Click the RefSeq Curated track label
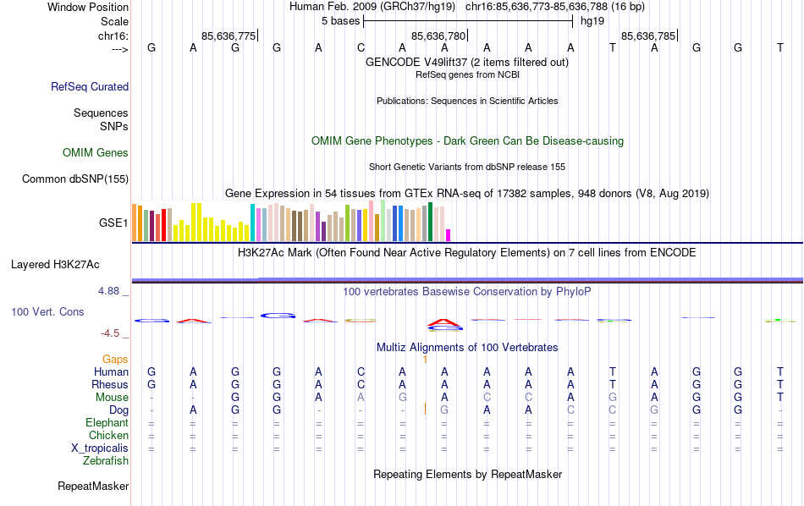[x=90, y=86]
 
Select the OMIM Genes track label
[x=96, y=153]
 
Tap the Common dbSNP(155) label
[x=75, y=179]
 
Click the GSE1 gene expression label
[x=113, y=223]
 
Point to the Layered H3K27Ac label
[x=69, y=264]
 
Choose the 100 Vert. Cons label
[x=47, y=312]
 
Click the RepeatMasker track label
[x=93, y=487]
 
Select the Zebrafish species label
[x=106, y=461]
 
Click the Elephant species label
[x=107, y=423]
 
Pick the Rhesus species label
[x=109, y=385]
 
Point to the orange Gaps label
[x=115, y=360]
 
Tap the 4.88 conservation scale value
[x=110, y=291]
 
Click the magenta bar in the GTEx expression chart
[x=449, y=235]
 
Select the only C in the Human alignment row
[x=361, y=372]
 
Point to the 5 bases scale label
[x=340, y=20]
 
